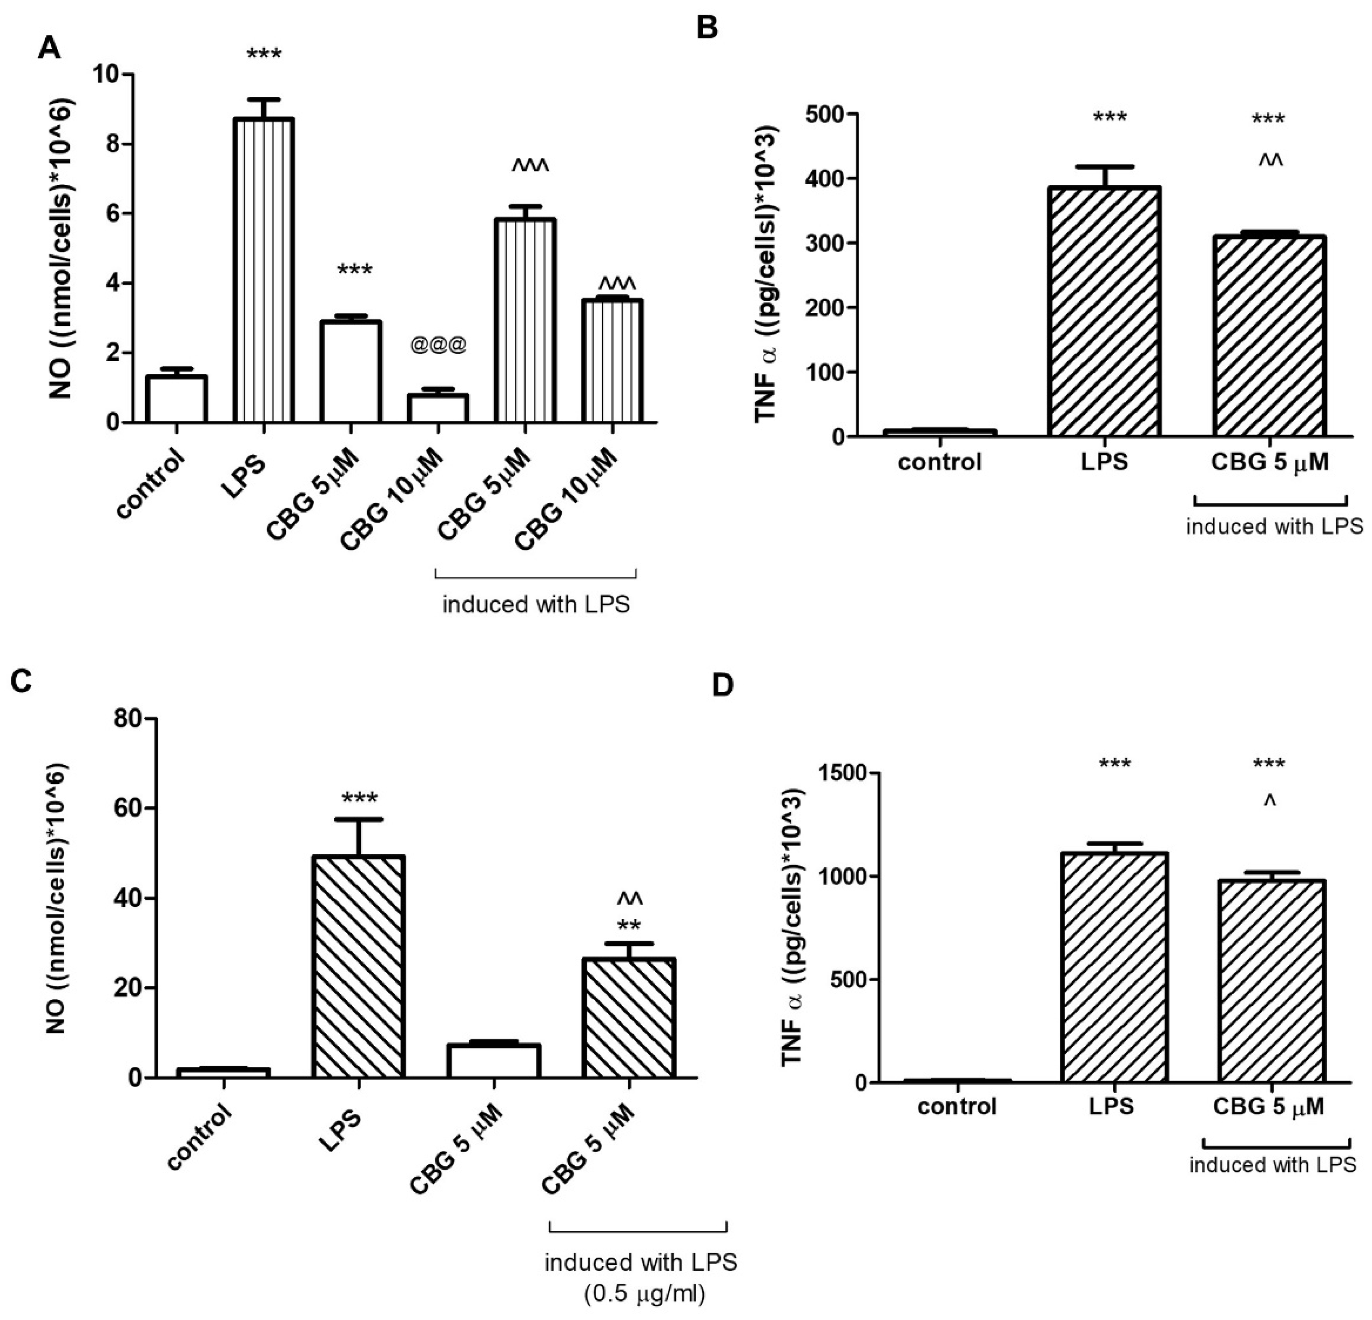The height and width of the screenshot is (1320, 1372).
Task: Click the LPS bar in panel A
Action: pyautogui.click(x=264, y=270)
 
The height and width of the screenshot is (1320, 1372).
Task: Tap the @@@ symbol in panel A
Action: pyautogui.click(x=438, y=346)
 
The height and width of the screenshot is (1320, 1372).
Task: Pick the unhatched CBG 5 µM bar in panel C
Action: pyautogui.click(x=494, y=1061)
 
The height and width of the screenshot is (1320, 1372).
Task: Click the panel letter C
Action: pyautogui.click(x=21, y=681)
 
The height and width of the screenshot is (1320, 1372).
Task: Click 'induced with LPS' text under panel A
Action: pyautogui.click(x=536, y=604)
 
